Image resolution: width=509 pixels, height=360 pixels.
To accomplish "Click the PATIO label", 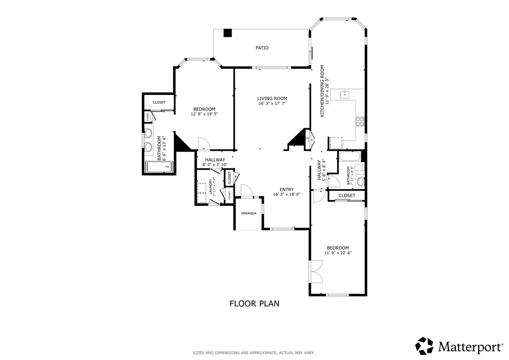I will pos(262,48).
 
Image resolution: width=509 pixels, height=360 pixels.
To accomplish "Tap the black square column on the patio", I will pos(228,33).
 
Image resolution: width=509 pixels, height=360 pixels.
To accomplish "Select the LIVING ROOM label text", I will pos(272,98).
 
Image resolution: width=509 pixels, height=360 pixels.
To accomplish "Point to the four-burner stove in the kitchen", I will pos(360,121).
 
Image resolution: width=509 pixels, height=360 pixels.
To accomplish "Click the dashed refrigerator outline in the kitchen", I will pos(337,143).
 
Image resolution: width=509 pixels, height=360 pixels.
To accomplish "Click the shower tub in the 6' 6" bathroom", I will pos(159,167).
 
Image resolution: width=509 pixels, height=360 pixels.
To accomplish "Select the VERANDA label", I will pos(249,213).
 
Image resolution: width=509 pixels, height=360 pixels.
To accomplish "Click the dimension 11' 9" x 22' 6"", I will pos(338,253).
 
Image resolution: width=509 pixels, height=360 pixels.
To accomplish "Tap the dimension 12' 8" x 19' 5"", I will pos(204,114).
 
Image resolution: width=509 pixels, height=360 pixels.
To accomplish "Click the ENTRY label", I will pos(287,189).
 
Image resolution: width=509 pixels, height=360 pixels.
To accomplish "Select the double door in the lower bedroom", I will pos(315,272).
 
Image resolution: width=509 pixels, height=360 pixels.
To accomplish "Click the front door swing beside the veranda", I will pos(246,190).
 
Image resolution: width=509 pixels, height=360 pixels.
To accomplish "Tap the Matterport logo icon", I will pos(424,345).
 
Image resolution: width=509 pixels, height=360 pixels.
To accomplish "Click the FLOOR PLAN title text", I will pos(254,303).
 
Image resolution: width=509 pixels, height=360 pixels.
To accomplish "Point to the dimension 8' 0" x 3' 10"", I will pos(215,165).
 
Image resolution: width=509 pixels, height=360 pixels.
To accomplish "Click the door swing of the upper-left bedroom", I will pos(204,143).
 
